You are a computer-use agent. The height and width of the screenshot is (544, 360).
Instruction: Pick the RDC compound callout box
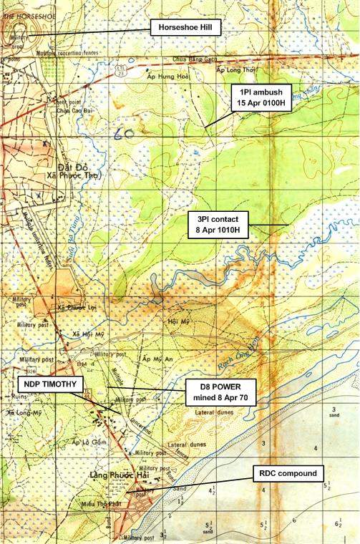[x=290, y=473]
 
